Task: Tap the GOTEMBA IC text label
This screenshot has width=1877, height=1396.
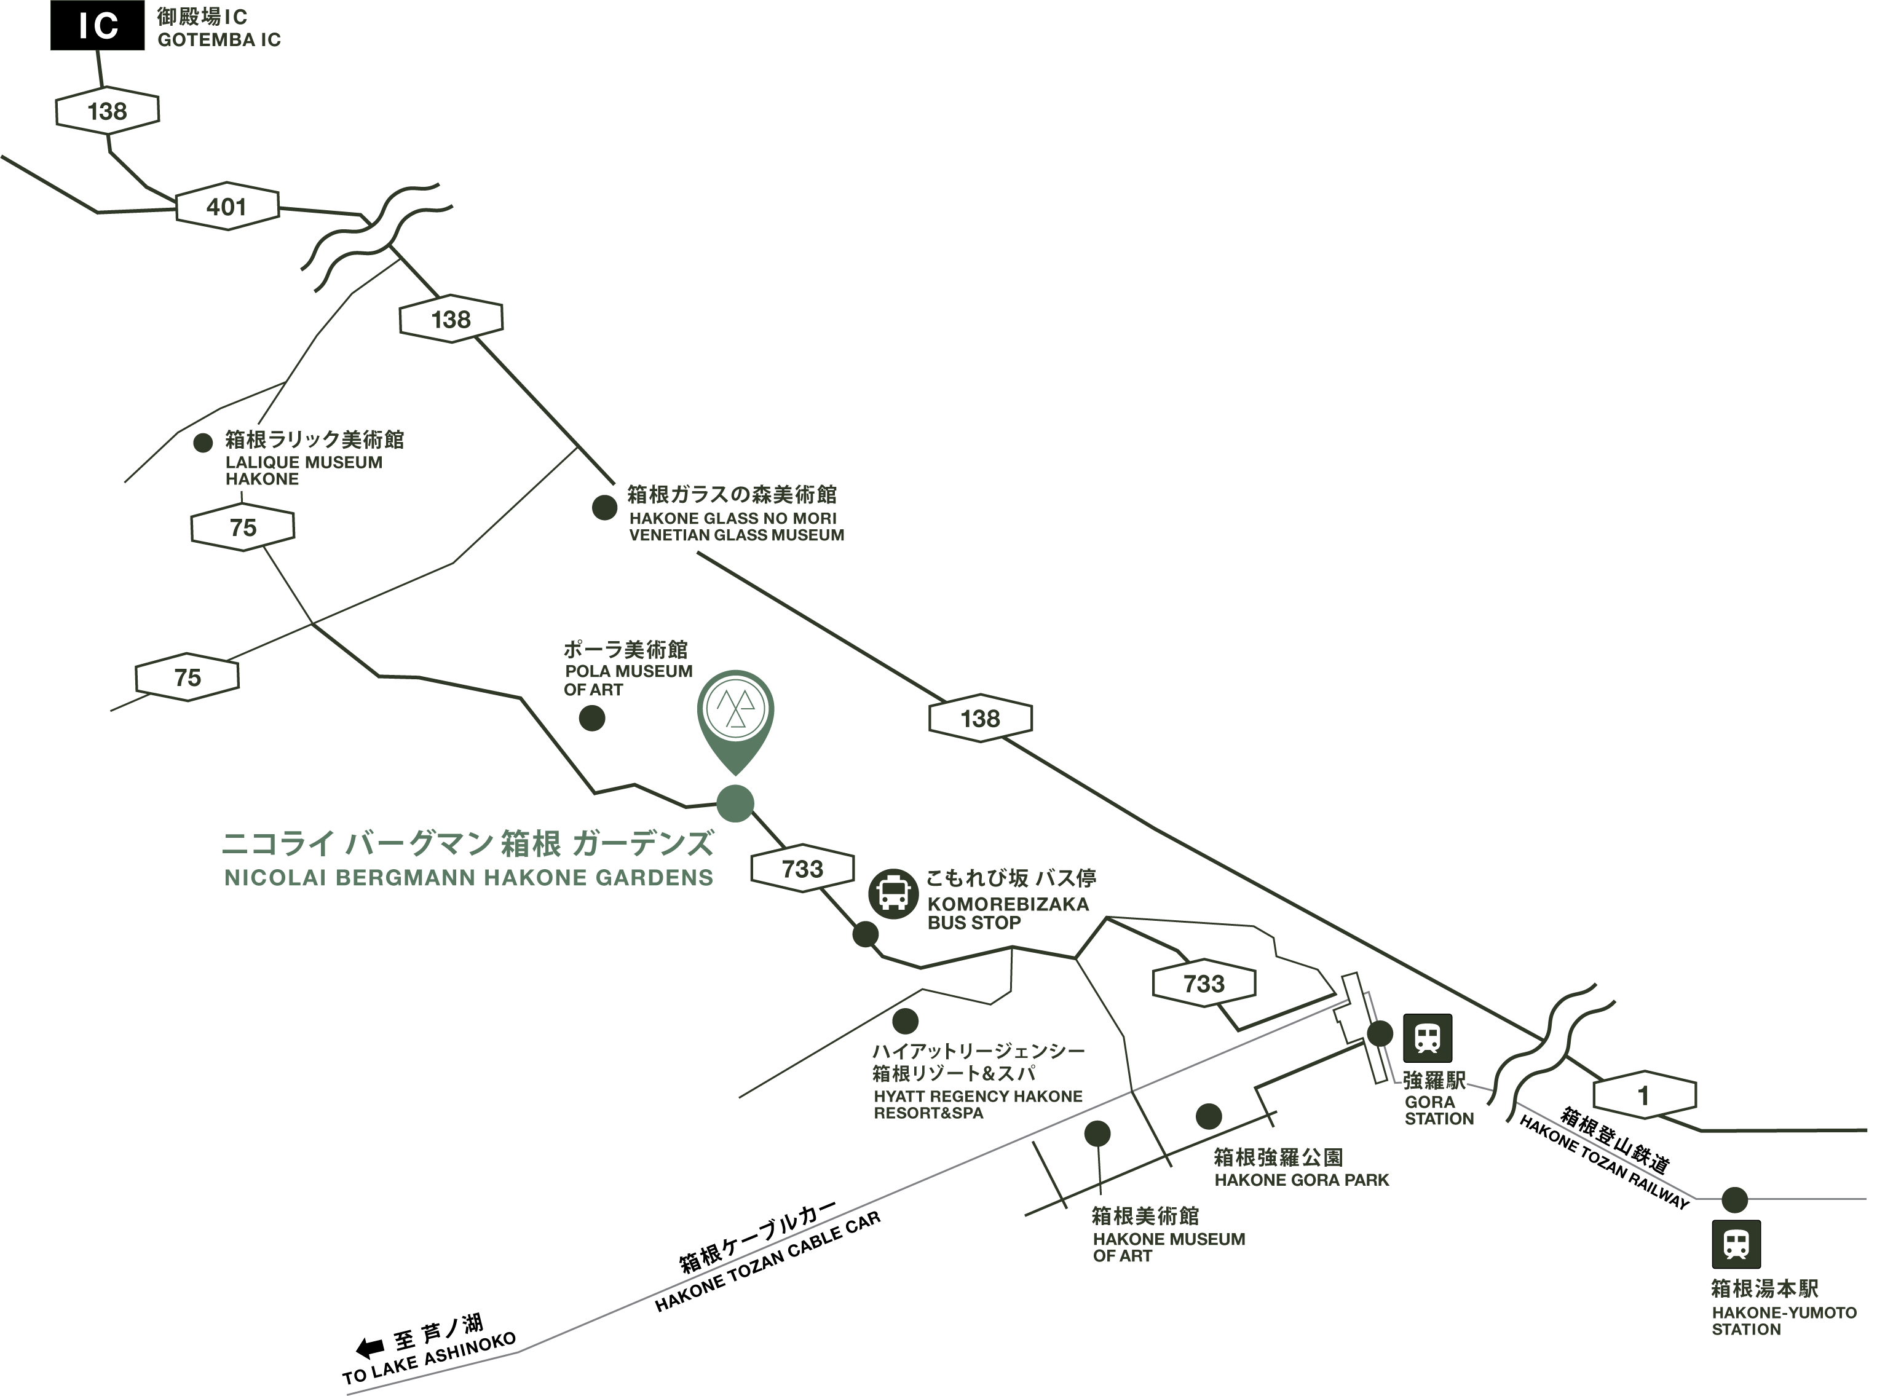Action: [x=218, y=29]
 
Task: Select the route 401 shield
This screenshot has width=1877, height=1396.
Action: [x=226, y=207]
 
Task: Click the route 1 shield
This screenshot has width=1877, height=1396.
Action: [x=1644, y=1096]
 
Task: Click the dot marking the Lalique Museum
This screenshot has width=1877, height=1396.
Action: [x=203, y=443]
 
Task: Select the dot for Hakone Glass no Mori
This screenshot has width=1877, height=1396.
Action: [x=604, y=507]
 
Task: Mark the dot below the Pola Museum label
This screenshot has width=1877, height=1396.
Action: [x=591, y=718]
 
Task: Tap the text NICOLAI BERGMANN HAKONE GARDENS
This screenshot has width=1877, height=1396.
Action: [x=468, y=878]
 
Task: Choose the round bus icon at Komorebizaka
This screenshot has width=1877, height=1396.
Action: [x=893, y=893]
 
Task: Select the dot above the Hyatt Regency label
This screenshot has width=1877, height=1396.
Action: [x=905, y=1021]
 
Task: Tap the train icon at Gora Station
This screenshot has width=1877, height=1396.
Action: [x=1428, y=1038]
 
